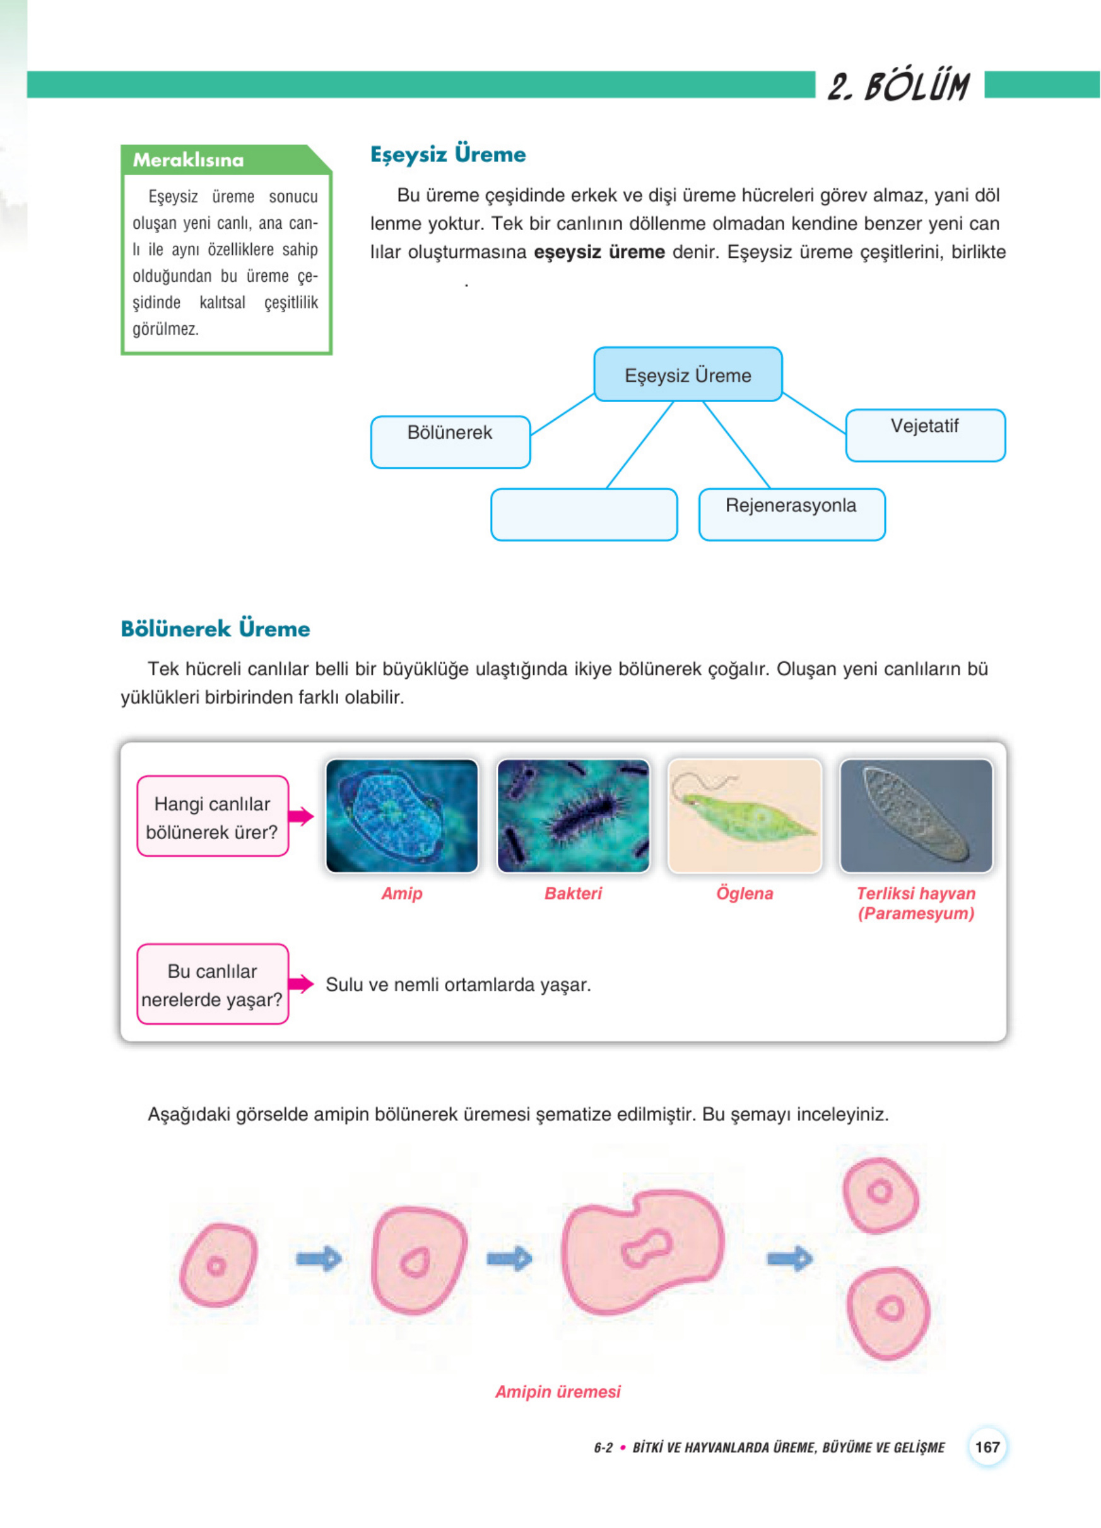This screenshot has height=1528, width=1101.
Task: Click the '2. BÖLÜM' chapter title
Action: (x=898, y=87)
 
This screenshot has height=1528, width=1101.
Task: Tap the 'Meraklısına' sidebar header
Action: (x=188, y=160)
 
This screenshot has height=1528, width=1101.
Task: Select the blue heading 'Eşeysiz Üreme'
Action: (x=448, y=154)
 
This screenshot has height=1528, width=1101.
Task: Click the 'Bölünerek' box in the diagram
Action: (x=450, y=441)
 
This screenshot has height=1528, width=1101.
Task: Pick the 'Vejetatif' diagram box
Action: (x=925, y=434)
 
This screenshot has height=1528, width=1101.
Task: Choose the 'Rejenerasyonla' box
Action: (x=792, y=514)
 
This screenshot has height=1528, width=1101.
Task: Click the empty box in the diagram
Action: (x=584, y=514)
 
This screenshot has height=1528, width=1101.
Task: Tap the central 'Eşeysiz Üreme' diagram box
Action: (x=688, y=374)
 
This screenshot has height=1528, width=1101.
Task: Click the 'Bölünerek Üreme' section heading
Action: (x=215, y=628)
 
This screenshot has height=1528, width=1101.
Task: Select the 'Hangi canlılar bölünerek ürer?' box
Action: (x=213, y=816)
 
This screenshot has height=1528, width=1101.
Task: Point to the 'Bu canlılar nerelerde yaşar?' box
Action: (x=213, y=983)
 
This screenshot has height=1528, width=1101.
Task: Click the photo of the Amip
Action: (x=402, y=816)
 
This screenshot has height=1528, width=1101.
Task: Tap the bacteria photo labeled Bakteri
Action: (x=573, y=816)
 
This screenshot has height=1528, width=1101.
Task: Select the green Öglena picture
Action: (x=745, y=816)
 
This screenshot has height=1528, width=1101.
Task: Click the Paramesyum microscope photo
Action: (x=916, y=816)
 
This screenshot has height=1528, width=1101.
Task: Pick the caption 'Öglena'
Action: (x=745, y=893)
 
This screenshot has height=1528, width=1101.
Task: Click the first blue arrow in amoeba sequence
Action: (x=319, y=1258)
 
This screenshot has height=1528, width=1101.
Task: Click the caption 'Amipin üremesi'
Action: (x=558, y=1391)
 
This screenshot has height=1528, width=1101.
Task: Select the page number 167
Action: (x=987, y=1447)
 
